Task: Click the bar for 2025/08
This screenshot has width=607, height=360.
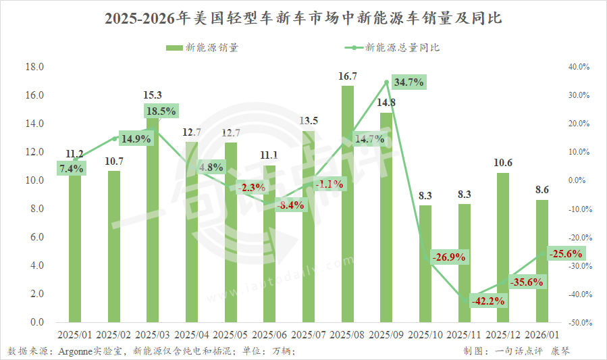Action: coord(347,203)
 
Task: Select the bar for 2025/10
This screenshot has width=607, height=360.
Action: coord(425,263)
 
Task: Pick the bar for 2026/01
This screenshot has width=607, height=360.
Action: coord(542,261)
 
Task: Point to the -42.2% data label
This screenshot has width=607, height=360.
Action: coord(488,301)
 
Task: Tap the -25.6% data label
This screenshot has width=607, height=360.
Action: coord(566,254)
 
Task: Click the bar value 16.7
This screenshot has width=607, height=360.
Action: coord(348,76)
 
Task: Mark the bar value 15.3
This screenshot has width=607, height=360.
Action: coord(153,95)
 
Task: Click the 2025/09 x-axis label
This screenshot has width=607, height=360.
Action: coord(387,334)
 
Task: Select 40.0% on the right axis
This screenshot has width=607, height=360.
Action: coord(579,67)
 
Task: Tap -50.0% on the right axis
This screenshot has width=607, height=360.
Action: coord(579,323)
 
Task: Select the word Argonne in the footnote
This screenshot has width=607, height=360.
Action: coord(78,351)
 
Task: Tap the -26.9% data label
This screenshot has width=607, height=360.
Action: coord(448,257)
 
